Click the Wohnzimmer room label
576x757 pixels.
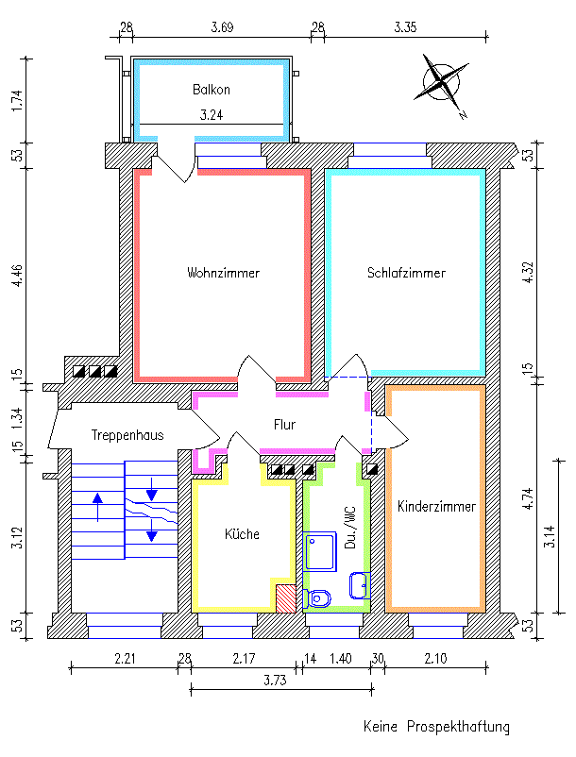coord(223,273)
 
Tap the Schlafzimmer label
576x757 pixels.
coord(405,273)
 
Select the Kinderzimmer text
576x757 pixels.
coord(435,506)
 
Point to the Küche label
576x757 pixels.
coord(241,534)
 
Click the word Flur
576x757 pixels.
coord(284,425)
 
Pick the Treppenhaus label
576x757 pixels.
coord(128,435)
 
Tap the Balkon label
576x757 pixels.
coord(211,91)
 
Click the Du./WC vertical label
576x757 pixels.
coord(349,529)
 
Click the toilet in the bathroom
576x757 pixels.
coord(319,597)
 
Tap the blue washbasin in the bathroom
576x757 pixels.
coord(360,585)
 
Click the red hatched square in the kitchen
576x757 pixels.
coord(285,597)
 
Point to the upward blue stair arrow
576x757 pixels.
coord(97,507)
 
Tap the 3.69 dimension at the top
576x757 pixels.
coord(222,27)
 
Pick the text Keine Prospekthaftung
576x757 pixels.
coord(436,727)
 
